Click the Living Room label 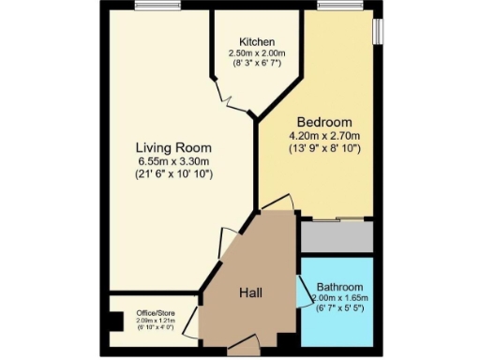click(x=172, y=147)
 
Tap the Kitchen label click(x=256, y=43)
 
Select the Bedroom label click(x=324, y=123)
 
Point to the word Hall click(x=249, y=292)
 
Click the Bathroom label click(x=339, y=287)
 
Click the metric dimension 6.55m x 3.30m click(x=173, y=161)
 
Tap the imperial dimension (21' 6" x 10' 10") click(x=173, y=174)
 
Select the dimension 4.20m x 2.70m click(x=324, y=136)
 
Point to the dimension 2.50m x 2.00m click(x=256, y=54)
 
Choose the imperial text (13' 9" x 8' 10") click(x=324, y=149)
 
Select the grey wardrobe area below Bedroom click(x=337, y=236)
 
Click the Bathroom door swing click(x=301, y=293)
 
